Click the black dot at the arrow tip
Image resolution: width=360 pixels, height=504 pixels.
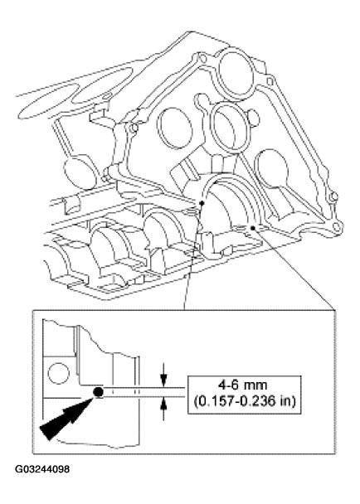(98, 391)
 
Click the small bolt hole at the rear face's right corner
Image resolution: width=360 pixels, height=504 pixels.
(337, 225)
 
